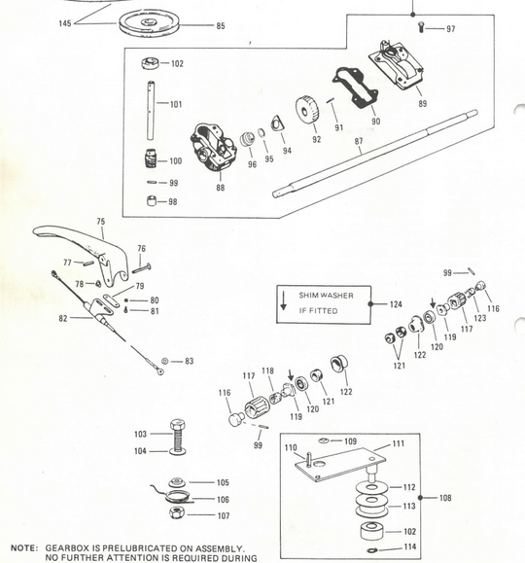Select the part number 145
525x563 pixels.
66,21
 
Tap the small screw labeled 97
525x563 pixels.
421,28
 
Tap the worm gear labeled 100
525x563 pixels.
149,159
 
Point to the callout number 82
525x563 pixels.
62,318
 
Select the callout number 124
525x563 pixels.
395,304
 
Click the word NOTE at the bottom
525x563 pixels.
23,547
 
